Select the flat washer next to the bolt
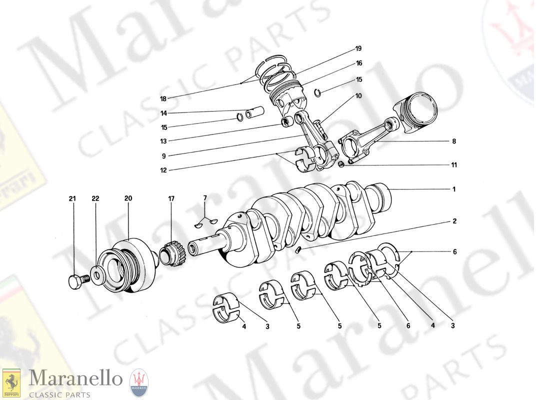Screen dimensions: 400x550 (95, 275)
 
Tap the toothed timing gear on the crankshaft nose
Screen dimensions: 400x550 (173, 254)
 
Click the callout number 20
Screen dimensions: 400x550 (128, 198)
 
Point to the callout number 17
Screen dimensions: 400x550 (171, 198)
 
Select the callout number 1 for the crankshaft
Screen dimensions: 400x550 (453, 189)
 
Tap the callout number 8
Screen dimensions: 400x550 (453, 141)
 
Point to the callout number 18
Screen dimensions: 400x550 (163, 98)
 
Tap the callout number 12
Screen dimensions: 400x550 (163, 170)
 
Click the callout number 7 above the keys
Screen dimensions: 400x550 (204, 199)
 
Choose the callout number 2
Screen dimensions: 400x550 (453, 220)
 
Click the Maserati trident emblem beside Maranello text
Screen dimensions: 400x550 (138, 382)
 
